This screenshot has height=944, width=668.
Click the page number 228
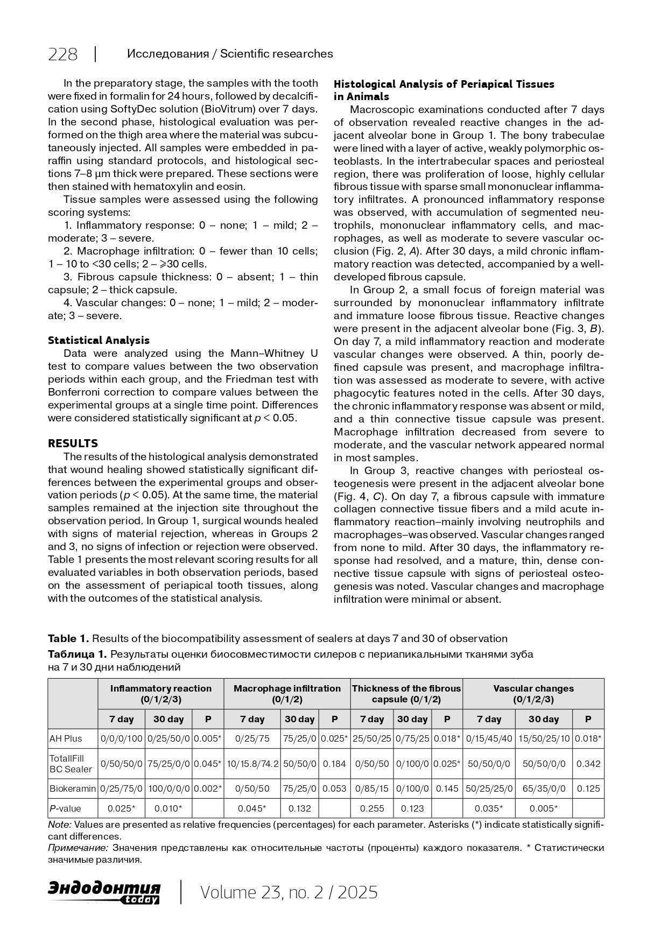click(63, 54)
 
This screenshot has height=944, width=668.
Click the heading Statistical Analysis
click(99, 340)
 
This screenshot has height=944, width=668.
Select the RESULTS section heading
click(73, 443)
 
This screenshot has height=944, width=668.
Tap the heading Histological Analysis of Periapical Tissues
click(444, 84)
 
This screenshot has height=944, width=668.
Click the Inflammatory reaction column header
click(160, 694)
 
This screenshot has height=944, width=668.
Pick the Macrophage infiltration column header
click(287, 694)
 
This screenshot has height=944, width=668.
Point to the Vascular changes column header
click(533, 694)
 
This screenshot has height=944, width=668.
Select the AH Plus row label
click(66, 738)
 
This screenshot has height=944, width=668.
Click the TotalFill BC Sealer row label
click(71, 764)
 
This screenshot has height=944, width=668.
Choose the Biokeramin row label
click(73, 788)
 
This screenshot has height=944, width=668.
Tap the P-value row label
click(65, 808)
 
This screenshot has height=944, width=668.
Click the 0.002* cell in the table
click(208, 788)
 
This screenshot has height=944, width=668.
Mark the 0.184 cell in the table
click(334, 764)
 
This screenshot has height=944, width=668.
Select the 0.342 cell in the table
click(588, 764)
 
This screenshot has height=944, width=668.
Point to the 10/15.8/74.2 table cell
click(252, 764)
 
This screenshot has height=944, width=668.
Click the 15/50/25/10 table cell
click(544, 738)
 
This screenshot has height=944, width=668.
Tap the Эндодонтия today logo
click(104, 892)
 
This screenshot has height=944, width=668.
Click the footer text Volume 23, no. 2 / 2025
click(289, 892)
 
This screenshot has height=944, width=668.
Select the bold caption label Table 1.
click(68, 638)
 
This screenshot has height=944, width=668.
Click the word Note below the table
click(59, 825)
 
